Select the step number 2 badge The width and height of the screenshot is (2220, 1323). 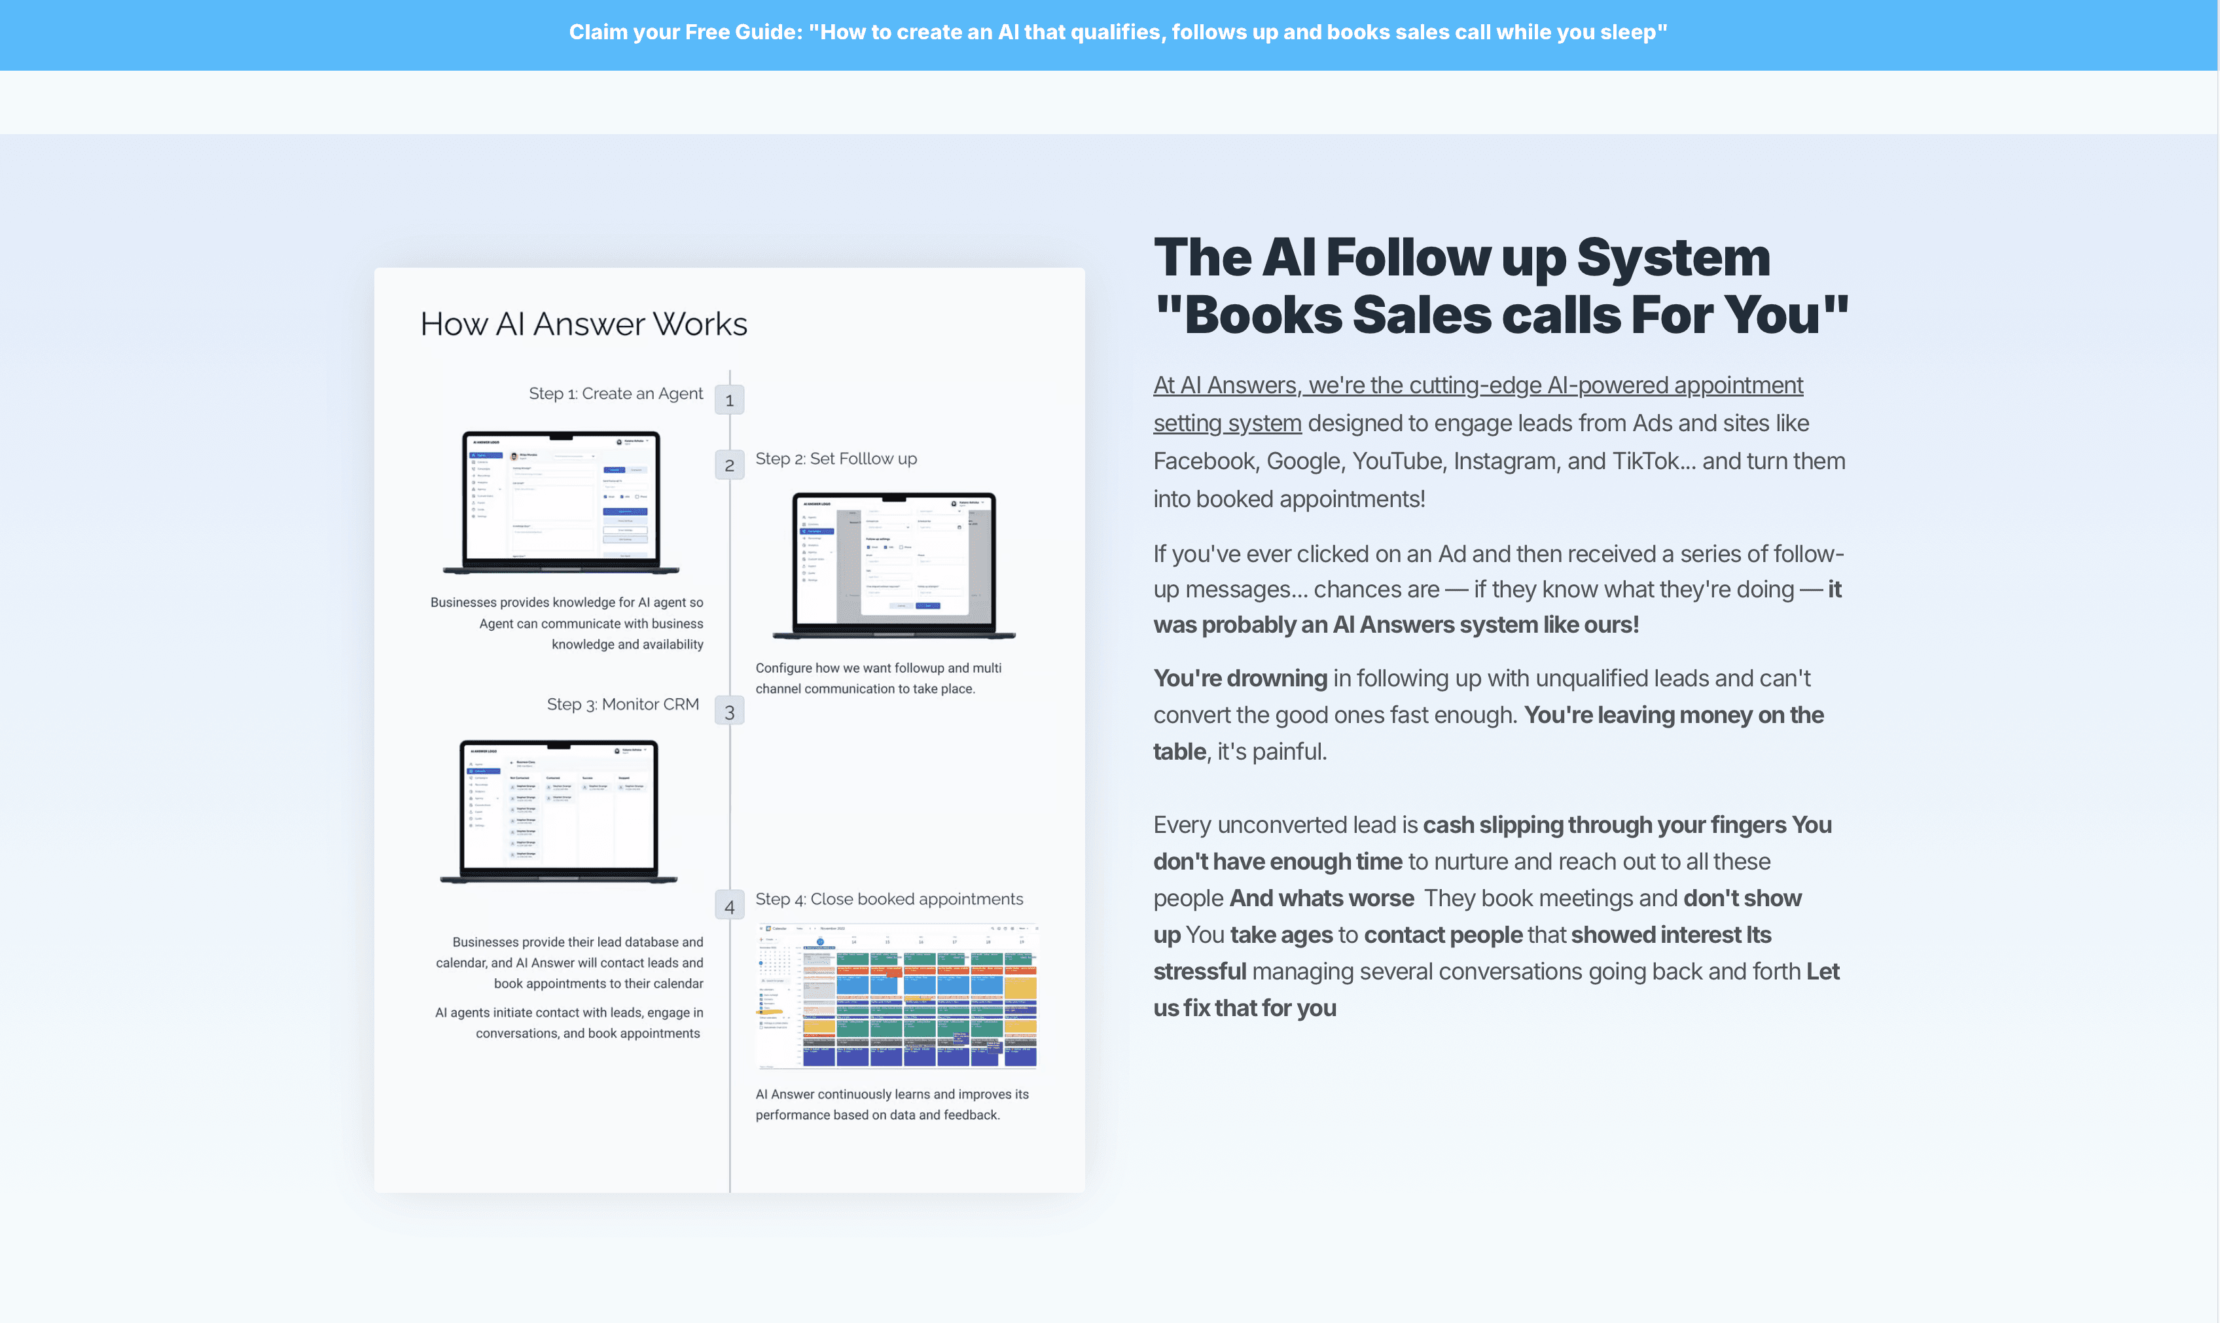pos(729,465)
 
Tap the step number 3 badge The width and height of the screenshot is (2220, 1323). pos(729,711)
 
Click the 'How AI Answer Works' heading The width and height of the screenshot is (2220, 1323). pos(583,324)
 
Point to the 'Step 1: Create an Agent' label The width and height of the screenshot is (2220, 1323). pos(615,393)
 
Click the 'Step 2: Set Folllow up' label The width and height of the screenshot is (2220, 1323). pos(835,458)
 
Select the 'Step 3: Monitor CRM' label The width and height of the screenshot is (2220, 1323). pos(622,703)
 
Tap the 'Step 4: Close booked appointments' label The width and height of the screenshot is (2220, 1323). pos(889,898)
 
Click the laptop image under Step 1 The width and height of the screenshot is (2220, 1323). pos(561,502)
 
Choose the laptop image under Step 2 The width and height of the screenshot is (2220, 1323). pos(894,564)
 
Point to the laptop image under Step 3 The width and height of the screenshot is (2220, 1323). pos(559,811)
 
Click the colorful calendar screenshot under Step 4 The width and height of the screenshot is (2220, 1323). pos(896,996)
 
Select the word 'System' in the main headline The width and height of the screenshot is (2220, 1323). pos(1673,258)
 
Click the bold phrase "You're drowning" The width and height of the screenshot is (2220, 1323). pos(1240,679)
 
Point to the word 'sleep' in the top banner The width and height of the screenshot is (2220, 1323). pos(1627,32)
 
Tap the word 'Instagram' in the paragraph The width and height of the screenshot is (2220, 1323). pos(1507,461)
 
